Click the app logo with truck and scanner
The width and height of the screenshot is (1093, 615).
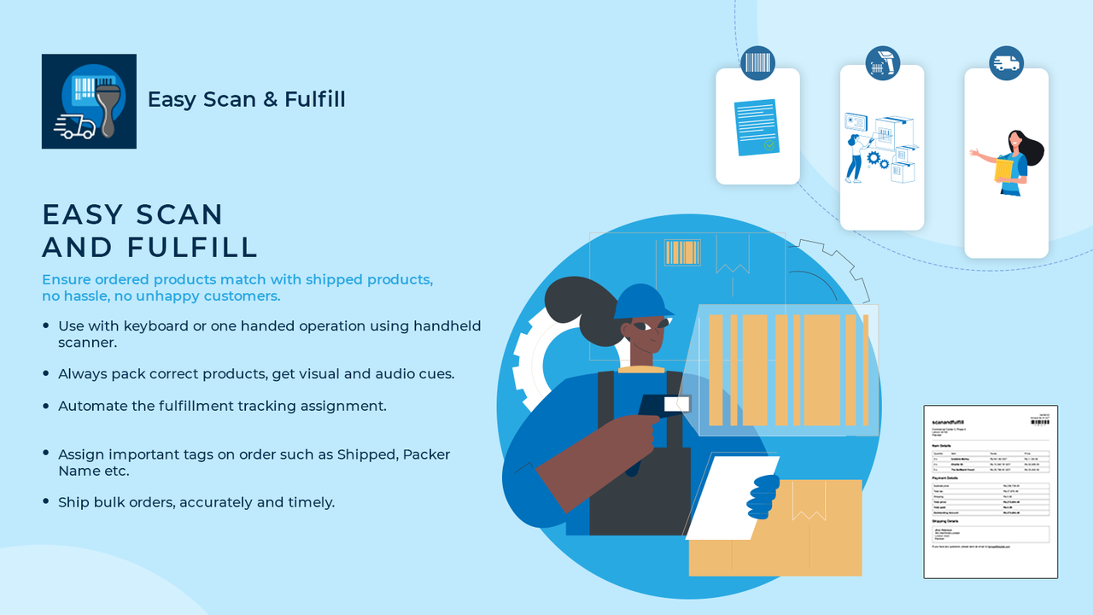(89, 101)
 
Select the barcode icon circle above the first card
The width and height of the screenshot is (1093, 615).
(757, 63)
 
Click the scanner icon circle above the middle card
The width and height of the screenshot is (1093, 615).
(882, 63)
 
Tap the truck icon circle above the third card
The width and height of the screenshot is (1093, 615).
(1006, 63)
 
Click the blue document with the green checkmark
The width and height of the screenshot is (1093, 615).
(757, 127)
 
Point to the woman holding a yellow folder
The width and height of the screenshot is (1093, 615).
(1013, 162)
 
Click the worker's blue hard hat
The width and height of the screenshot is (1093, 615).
(644, 301)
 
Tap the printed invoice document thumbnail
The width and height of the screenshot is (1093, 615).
(991, 492)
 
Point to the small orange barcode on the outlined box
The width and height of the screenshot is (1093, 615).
(682, 253)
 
